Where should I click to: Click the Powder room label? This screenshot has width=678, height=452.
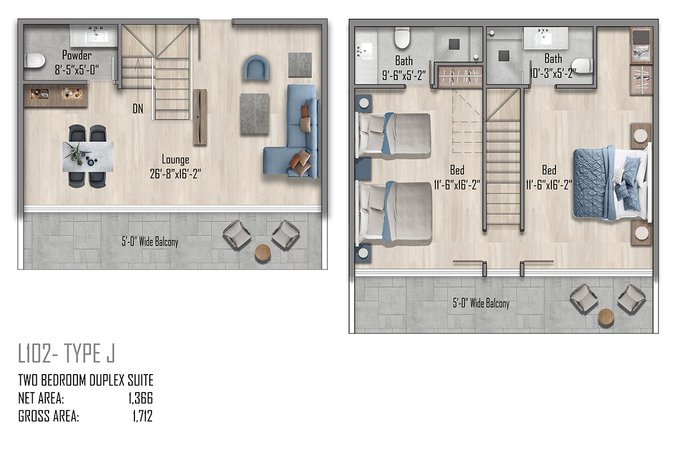[77, 55]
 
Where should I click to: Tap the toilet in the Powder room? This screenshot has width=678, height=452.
[36, 60]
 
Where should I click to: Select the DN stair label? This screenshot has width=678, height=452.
[138, 108]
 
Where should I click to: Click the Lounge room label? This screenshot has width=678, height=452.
[175, 159]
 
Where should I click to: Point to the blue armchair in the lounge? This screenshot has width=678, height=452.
[256, 68]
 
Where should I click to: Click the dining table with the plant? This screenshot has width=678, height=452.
[88, 157]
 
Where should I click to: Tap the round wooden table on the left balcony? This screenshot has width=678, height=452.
[263, 252]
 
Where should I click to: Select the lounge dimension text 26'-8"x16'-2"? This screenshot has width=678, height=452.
[175, 174]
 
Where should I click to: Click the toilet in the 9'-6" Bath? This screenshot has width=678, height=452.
[402, 38]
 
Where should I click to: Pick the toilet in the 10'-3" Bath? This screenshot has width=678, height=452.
[581, 66]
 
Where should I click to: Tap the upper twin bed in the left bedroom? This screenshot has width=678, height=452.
[393, 134]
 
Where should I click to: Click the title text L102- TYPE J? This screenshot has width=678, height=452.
[67, 353]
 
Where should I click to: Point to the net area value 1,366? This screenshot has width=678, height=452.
[141, 398]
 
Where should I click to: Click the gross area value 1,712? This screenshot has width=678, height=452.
[142, 416]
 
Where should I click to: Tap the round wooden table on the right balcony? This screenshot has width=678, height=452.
[606, 317]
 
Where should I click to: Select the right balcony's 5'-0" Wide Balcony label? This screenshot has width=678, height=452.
[481, 303]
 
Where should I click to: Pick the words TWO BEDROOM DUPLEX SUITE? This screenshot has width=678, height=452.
[86, 380]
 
